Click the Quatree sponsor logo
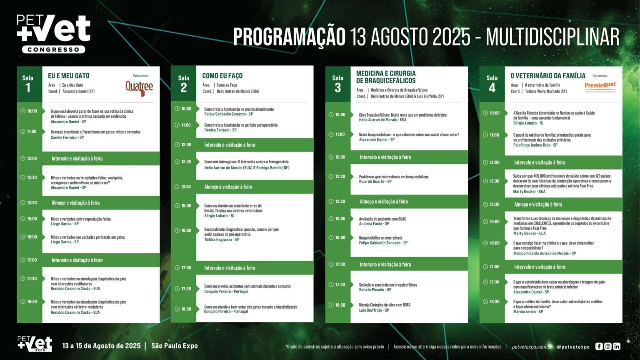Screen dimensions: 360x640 pos(139,87)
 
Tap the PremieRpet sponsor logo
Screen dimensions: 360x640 pos(600,85)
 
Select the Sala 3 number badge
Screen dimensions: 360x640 pos(337,84)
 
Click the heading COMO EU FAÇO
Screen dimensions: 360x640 pos(222,76)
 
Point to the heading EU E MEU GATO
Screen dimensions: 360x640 pos(69,76)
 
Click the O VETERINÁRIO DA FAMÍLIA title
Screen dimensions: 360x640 pos(548,76)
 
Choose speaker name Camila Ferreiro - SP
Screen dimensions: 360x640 pos(67,137)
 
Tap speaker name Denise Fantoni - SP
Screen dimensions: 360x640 pos(220,130)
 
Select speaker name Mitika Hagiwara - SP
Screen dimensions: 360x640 pos(222,240)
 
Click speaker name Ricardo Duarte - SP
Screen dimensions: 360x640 pos(375,182)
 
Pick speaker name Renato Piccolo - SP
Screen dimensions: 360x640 pos(375,290)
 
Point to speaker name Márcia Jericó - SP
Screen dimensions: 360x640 pos(528,312)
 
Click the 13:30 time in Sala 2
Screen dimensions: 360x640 pos(186,187)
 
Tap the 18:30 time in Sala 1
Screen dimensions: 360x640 pos(32,302)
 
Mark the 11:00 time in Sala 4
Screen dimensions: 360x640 pos(494,135)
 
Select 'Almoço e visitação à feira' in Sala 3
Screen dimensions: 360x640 pos(384,202)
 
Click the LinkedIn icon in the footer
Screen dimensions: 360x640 pos(617,346)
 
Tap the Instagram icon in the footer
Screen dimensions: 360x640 pos(608,346)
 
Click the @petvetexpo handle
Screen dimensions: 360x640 pos(573,347)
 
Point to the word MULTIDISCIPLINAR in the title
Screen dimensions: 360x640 pos(552,37)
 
